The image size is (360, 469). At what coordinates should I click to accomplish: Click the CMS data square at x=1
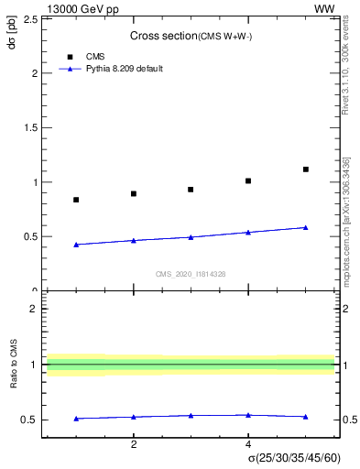[76, 200]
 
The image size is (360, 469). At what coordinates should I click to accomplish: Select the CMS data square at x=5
[306, 169]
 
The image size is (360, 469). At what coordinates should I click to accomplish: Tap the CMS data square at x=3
[191, 190]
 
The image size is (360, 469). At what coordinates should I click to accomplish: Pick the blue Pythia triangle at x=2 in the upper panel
[134, 240]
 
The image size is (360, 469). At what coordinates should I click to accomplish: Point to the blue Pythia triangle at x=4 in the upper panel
[248, 232]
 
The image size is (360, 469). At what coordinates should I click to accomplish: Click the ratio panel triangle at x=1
[76, 419]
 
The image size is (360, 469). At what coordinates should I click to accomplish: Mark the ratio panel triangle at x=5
[306, 417]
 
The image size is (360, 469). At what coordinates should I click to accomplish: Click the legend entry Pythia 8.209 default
[125, 69]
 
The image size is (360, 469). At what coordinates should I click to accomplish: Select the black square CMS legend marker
[71, 56]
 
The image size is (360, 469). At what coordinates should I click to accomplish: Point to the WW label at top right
[324, 8]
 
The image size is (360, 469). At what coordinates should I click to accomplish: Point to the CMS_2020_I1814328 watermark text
[191, 274]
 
